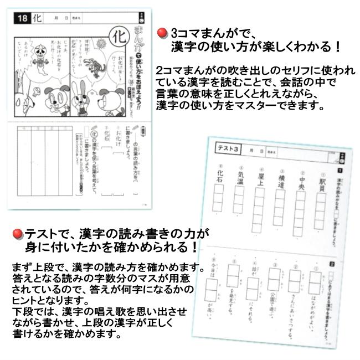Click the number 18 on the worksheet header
(x=22, y=18)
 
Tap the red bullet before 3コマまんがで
(x=162, y=33)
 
